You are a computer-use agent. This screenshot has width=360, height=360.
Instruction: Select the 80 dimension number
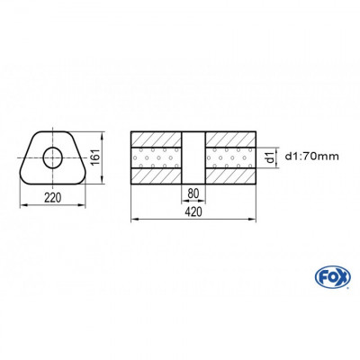[x=192, y=193]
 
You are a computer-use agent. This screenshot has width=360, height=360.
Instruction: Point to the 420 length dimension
[x=192, y=211]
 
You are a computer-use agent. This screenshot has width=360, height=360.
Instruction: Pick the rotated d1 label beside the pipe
[x=269, y=159]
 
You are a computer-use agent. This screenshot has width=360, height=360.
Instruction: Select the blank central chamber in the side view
[x=192, y=159]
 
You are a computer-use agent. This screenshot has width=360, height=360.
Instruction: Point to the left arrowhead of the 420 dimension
[x=134, y=219]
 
